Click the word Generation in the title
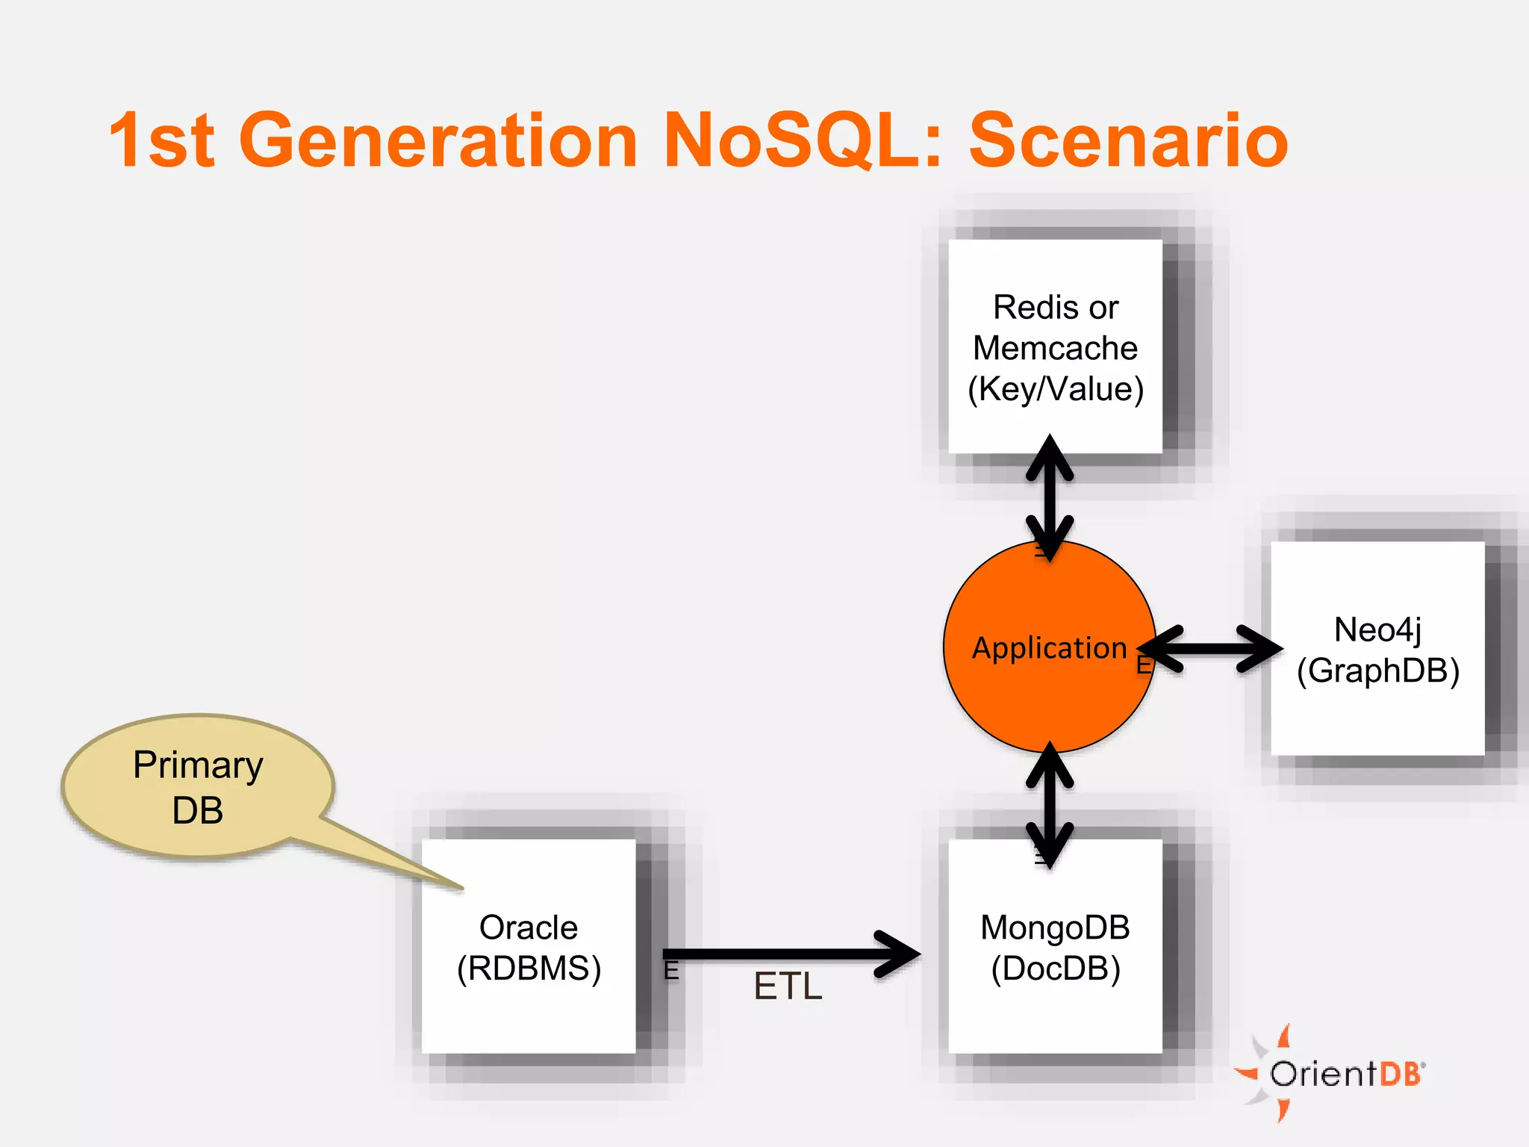click(437, 140)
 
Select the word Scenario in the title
click(1128, 140)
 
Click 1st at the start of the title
click(162, 140)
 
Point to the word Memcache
click(1055, 348)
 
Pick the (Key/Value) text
click(1055, 389)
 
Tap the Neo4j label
click(1377, 630)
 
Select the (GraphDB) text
click(1377, 671)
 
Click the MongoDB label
click(1055, 927)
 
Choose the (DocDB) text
click(1055, 969)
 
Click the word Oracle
click(529, 927)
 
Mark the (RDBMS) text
click(529, 969)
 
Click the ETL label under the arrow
click(788, 986)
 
